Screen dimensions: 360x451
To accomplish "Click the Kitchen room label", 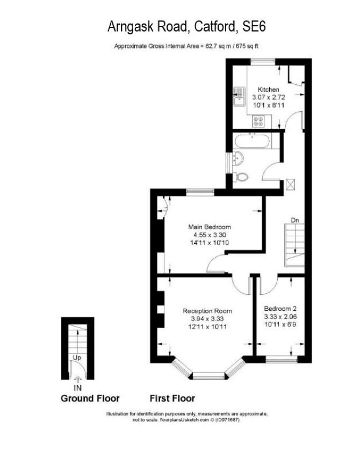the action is click(x=268, y=90).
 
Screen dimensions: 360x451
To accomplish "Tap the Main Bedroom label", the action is click(x=210, y=227).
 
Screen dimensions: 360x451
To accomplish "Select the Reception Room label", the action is click(x=207, y=311).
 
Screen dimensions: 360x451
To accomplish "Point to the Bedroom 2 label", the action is click(x=280, y=309).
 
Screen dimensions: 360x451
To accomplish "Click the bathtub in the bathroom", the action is click(x=253, y=141).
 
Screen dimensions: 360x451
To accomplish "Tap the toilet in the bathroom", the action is click(x=240, y=177).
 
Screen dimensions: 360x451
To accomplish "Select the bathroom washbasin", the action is click(x=238, y=158).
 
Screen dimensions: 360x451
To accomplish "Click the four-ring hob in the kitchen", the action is click(x=258, y=121).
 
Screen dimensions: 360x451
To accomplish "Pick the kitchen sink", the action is click(x=240, y=97).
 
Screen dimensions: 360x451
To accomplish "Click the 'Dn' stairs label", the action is click(x=295, y=220).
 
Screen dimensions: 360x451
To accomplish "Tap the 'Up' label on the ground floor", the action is click(x=77, y=358).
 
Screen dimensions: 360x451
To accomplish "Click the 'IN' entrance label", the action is click(x=77, y=388).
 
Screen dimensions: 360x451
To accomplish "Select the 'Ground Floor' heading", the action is click(x=90, y=398).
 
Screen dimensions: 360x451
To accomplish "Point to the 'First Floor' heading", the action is click(x=172, y=398).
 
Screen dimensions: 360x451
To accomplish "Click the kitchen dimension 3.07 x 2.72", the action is click(x=269, y=97).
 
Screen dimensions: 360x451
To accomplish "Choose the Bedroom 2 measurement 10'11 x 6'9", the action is click(x=280, y=324).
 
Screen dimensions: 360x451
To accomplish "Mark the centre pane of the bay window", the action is click(x=208, y=375).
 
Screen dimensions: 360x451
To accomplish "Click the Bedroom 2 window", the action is click(x=281, y=359).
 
